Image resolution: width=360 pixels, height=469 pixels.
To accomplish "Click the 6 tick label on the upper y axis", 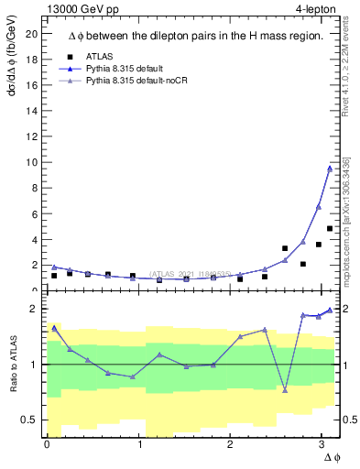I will coord(35,213).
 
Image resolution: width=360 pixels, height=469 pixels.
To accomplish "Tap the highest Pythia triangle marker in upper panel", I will coord(330,168).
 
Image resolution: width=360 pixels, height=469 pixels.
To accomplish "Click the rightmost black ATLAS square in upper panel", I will coord(330,228).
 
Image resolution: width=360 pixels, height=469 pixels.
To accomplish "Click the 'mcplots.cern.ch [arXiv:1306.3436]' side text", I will coord(347,220).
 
